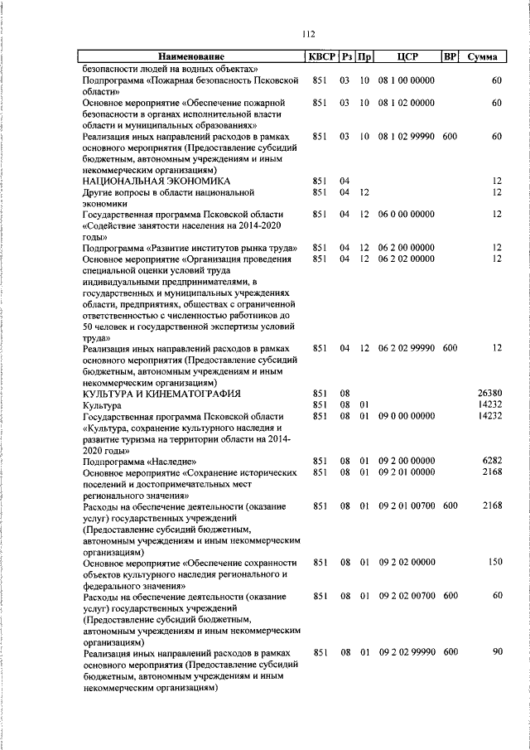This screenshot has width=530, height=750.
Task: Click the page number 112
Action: pos(310,34)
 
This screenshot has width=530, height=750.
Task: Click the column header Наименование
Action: pos(192,57)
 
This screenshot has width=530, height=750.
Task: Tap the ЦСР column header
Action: pos(407,57)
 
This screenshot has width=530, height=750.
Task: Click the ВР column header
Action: pos(450,57)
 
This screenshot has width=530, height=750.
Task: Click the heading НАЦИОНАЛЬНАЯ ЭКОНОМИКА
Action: pos(149,181)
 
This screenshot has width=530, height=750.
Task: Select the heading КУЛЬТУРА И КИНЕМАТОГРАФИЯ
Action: pos(161,393)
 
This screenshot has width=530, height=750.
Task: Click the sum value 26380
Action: pos(490,393)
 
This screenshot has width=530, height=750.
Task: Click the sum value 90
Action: pos(497,653)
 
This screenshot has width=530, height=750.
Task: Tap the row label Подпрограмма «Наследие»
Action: pos(136,461)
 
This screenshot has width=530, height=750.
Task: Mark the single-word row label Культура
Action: pos(102,404)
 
